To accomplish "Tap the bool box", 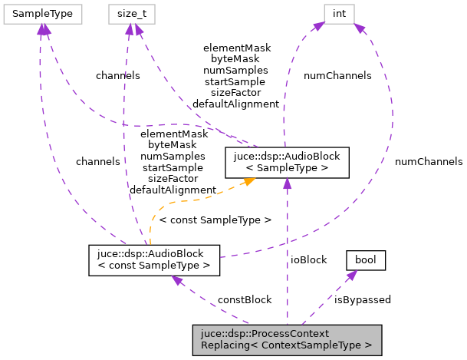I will [366, 260].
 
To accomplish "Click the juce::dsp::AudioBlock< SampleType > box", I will [287, 161].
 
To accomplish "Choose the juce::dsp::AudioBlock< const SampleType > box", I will [154, 259].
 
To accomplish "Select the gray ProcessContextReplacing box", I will [286, 339].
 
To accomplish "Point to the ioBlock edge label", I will [309, 259].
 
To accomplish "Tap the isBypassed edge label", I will [363, 299].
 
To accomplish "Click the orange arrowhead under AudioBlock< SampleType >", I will [248, 181].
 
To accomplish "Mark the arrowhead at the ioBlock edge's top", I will [287, 183].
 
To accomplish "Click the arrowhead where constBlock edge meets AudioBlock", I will [177, 280].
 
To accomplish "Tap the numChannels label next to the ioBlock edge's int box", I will [337, 75].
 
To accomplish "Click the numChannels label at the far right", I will [429, 161].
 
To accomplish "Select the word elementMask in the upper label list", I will [237, 48].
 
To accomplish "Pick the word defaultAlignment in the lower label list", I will [173, 189].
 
